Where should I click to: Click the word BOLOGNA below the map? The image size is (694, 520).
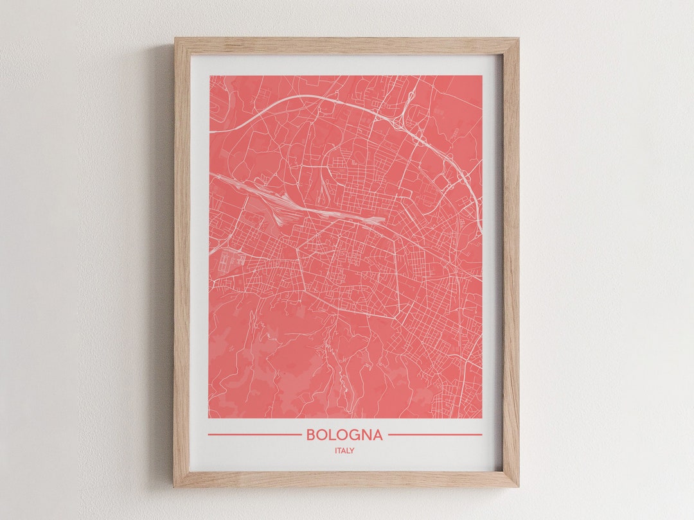point(344,435)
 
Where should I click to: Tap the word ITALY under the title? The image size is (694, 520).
point(344,451)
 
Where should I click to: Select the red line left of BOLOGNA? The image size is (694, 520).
point(254,435)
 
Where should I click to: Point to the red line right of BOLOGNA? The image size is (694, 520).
point(435,435)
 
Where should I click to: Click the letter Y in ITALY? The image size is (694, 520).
point(351,451)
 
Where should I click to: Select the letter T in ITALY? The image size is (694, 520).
point(340,451)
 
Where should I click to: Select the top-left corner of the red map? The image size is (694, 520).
point(209,76)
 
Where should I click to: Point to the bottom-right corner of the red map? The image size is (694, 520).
point(481,418)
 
